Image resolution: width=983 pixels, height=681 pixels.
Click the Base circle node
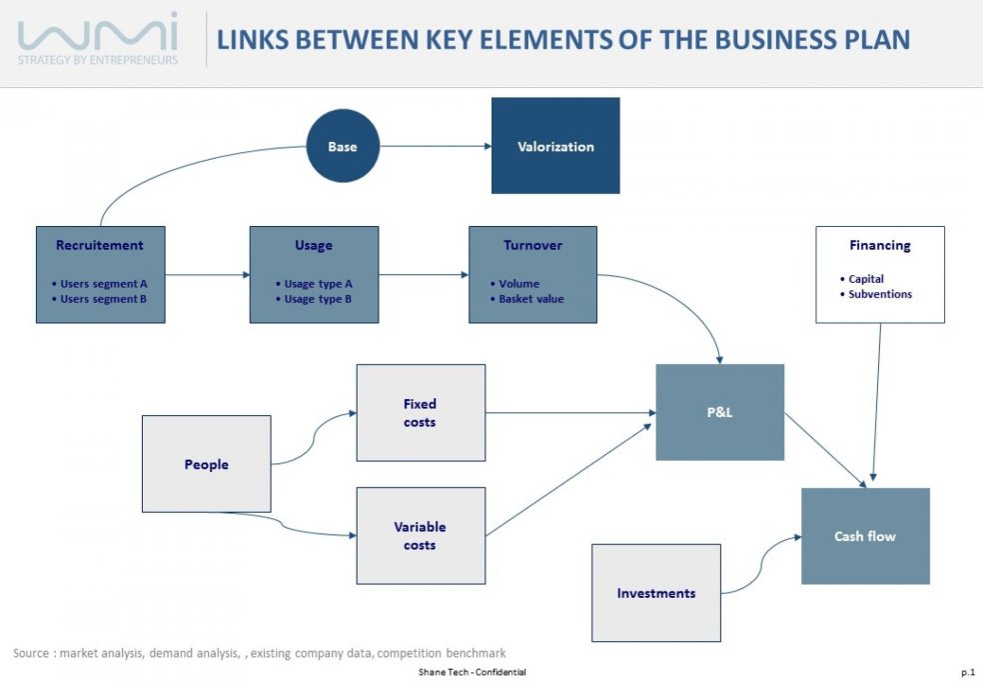(343, 146)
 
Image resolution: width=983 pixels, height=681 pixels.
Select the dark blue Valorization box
(555, 146)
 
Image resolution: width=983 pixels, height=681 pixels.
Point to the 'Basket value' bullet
(530, 299)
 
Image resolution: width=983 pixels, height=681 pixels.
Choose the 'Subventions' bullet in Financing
(879, 294)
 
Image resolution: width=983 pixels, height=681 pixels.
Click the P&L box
(719, 412)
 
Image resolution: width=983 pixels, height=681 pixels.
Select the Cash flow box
(865, 536)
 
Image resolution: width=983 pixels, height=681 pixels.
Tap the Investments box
(655, 593)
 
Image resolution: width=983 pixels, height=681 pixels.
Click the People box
(206, 464)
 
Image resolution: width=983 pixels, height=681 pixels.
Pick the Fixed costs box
(421, 413)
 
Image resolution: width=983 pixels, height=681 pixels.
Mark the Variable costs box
(421, 536)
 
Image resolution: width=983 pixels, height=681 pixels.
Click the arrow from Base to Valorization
(436, 147)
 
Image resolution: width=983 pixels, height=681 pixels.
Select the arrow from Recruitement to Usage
(206, 275)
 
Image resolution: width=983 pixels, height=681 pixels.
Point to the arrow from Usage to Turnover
(424, 275)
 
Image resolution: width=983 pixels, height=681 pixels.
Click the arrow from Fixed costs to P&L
(569, 412)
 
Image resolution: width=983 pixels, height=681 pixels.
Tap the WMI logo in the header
(98, 38)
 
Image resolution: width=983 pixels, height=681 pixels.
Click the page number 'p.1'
(967, 672)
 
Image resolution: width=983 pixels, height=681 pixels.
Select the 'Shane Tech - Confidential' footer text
(473, 672)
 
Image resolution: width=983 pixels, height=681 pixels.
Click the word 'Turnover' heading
(532, 245)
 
